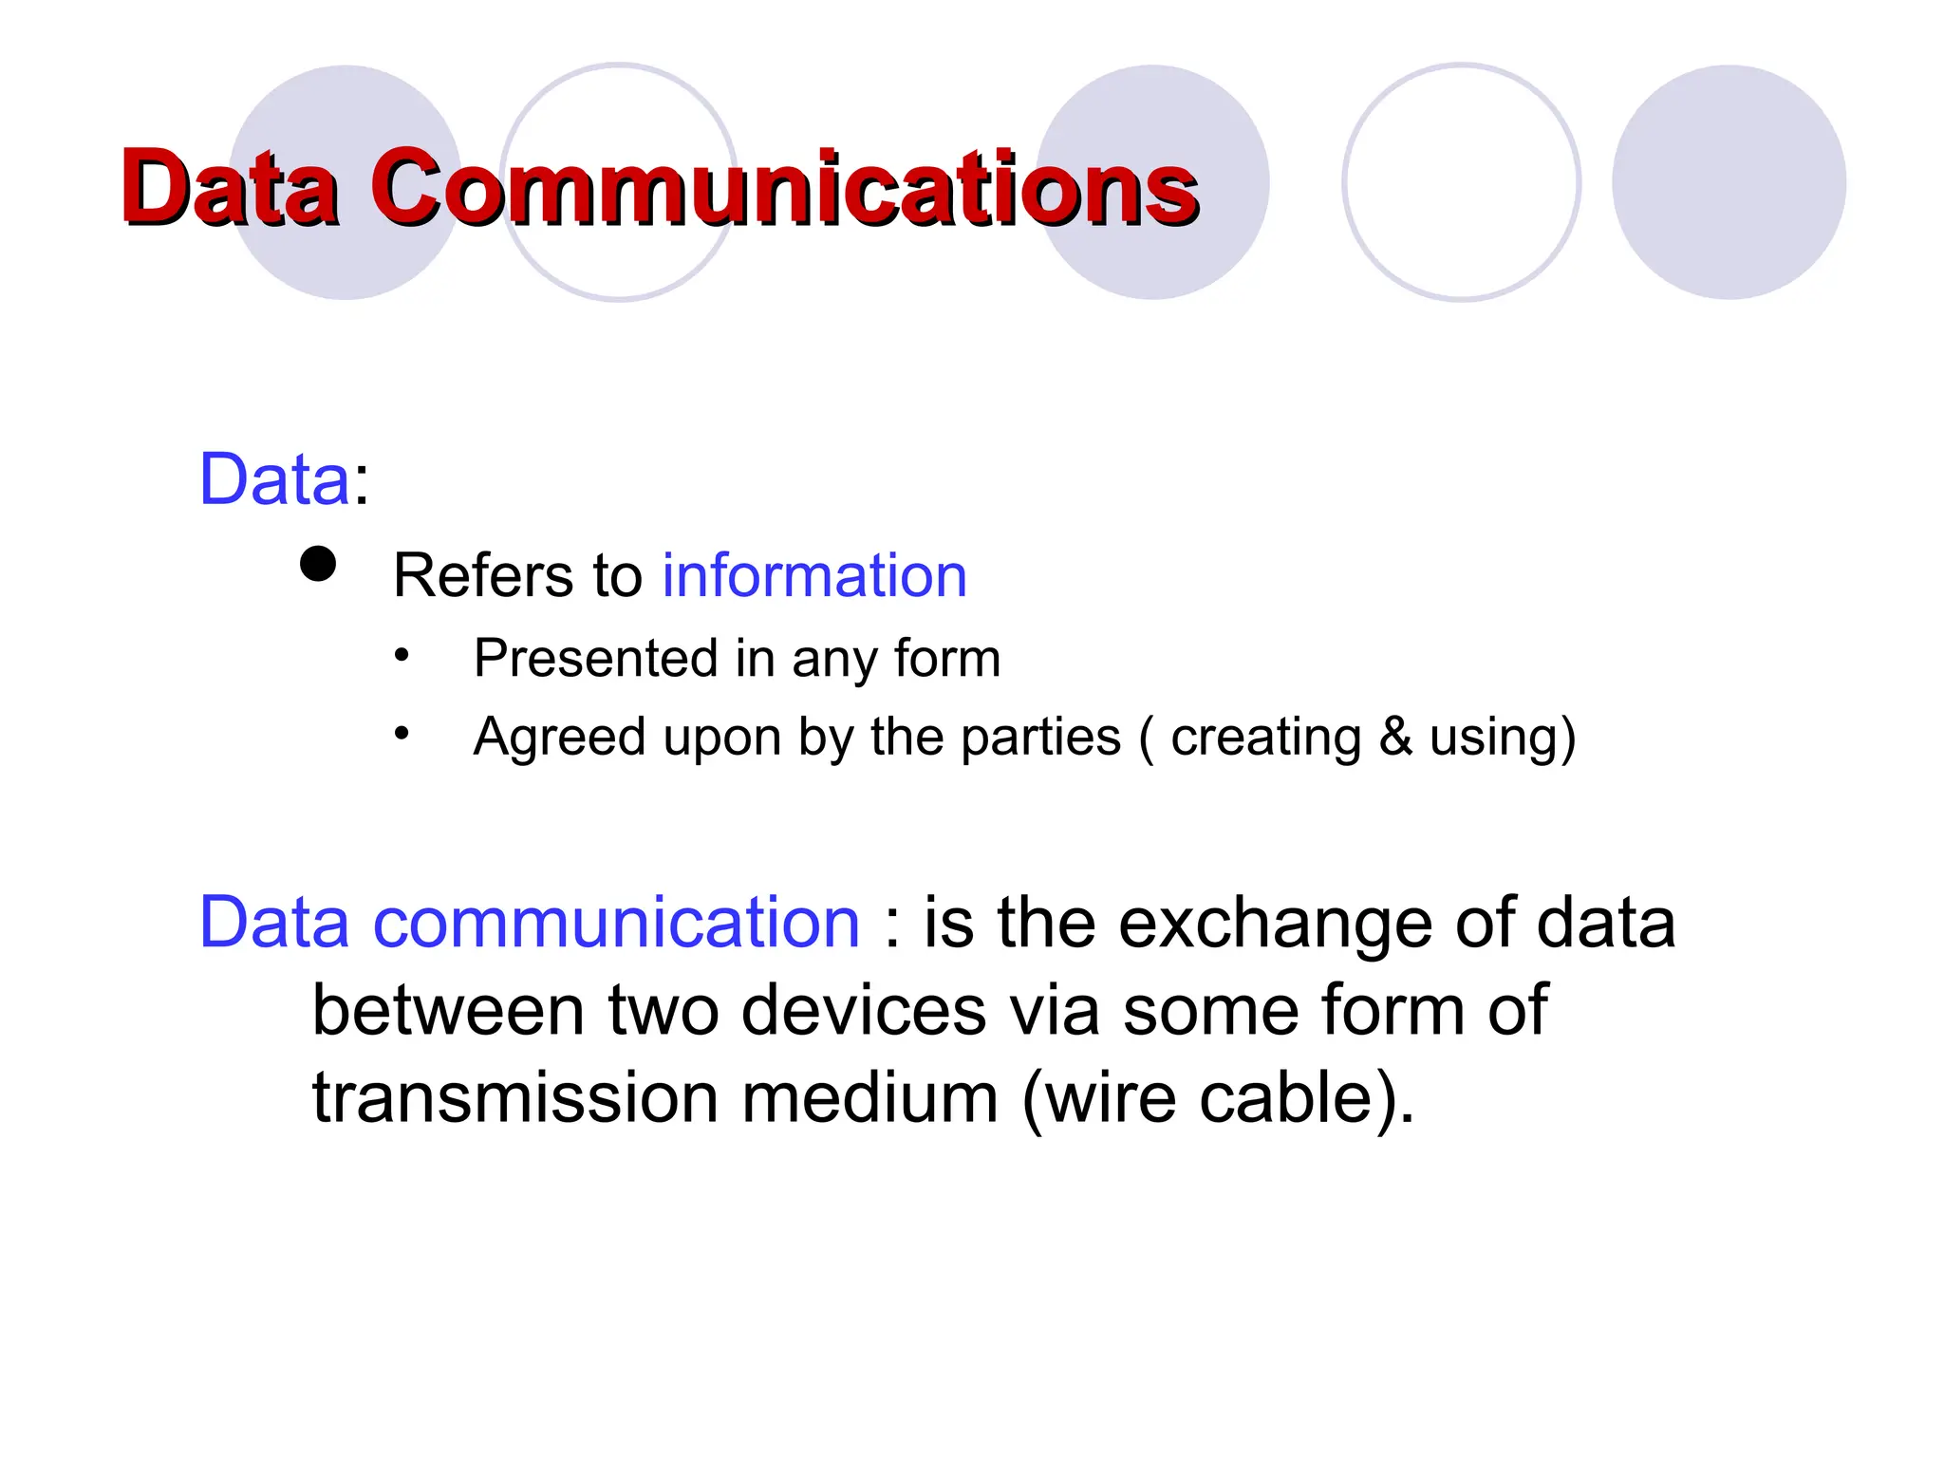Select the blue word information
814,575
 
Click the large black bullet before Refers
318,564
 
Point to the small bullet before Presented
402,655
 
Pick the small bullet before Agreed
402,733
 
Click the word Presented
595,658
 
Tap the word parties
1040,737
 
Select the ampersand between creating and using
1395,737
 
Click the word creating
1265,738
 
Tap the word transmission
514,1097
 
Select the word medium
869,1097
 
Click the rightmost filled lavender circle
1729,182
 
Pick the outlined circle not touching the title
1461,182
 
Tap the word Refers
483,575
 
